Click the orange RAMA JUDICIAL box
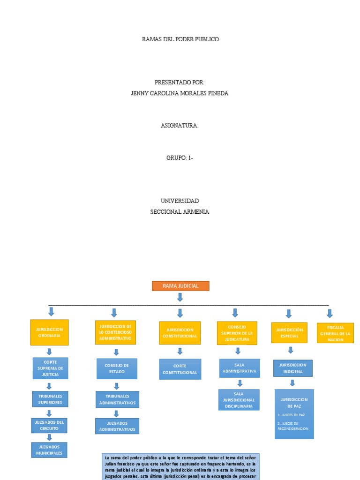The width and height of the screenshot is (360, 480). pos(180,286)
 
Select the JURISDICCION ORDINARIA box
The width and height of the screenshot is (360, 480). pos(49,332)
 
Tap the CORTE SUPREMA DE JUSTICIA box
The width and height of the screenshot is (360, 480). pos(50,368)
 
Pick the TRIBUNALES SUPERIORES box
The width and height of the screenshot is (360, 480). pos(50,399)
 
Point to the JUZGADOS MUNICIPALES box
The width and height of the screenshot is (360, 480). pos(49,450)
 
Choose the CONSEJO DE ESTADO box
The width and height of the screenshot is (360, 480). pos(117,368)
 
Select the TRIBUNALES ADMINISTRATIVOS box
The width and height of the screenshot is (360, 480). pos(117,399)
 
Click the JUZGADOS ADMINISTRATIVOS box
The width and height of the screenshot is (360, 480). pos(117,426)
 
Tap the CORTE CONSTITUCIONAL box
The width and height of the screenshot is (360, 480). pos(180,369)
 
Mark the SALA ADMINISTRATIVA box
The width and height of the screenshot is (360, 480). pos(240,368)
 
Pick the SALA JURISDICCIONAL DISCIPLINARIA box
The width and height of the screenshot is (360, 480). pos(240,400)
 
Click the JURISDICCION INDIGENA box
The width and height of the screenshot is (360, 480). pos(292,368)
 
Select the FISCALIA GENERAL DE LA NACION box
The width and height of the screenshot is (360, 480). pos(335,333)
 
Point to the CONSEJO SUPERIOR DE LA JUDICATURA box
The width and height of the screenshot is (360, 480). pos(237,333)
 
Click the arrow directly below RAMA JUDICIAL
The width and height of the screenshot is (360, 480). pos(180,297)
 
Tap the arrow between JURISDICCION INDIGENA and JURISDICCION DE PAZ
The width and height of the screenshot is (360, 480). pos(292,382)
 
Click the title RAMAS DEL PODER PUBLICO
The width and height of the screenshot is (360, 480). pos(180,39)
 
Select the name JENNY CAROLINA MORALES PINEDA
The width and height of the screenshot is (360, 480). pos(180,93)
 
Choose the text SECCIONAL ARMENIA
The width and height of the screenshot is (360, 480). pos(180,211)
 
